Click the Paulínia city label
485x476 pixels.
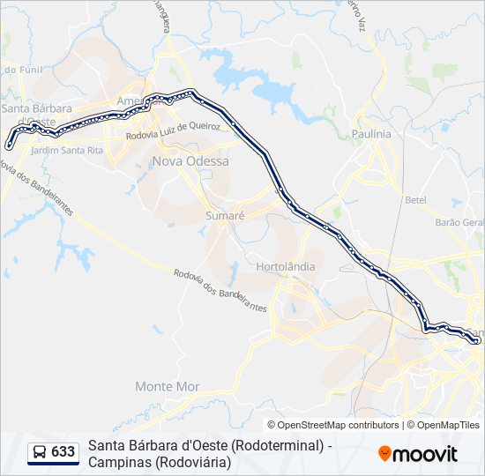point(370,133)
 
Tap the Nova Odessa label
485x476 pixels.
point(190,161)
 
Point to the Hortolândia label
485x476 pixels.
point(284,266)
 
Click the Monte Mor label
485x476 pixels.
point(168,386)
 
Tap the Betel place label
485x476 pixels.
point(415,199)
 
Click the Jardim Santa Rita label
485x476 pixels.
point(66,151)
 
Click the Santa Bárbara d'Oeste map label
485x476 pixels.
point(31,115)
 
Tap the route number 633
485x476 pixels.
point(63,452)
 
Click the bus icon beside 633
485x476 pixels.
point(41,452)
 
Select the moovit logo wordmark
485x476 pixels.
point(425,454)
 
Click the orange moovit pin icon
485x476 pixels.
point(384,453)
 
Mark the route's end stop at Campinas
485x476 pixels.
point(476,339)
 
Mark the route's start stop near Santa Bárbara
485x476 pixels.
point(9,145)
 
